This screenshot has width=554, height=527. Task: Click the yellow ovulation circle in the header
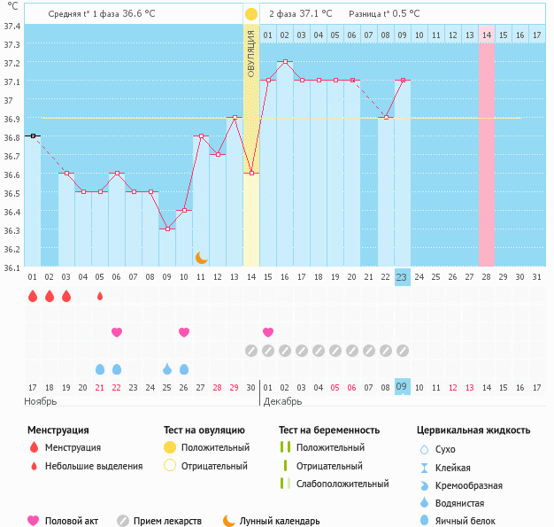(x=251, y=14)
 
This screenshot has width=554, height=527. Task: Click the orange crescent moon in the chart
(x=202, y=257)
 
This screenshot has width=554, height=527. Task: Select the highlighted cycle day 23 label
(x=402, y=277)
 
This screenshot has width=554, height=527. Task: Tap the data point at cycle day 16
(x=285, y=62)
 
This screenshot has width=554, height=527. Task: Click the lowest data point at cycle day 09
(x=167, y=229)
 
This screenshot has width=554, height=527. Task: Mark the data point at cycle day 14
(x=251, y=173)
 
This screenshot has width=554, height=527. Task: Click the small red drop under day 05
(x=100, y=296)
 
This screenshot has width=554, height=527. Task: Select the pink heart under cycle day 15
(x=268, y=332)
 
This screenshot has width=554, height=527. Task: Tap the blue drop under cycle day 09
(x=167, y=368)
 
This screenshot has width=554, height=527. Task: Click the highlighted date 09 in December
(x=402, y=387)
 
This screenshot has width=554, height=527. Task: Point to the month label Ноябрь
(x=41, y=401)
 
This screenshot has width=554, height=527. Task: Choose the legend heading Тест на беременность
(x=329, y=430)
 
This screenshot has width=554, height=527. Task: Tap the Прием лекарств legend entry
(x=167, y=521)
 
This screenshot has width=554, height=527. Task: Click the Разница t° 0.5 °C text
(x=384, y=14)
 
